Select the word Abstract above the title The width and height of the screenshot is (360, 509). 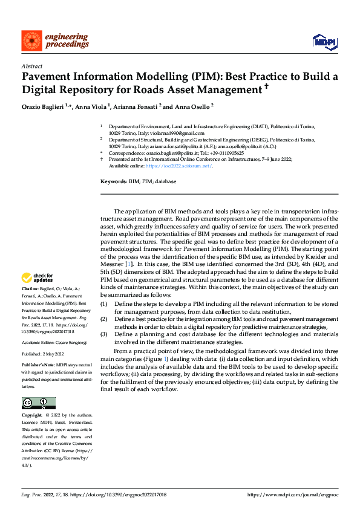pos(31,67)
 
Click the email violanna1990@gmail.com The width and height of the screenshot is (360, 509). pos(183,133)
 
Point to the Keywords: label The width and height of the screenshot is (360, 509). pos(113,181)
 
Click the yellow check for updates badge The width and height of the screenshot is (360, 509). pos(35,278)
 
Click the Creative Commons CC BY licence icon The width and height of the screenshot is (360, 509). pos(39,403)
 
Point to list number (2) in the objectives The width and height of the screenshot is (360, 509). pos(103,318)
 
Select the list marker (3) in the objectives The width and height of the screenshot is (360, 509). pos(103,334)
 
